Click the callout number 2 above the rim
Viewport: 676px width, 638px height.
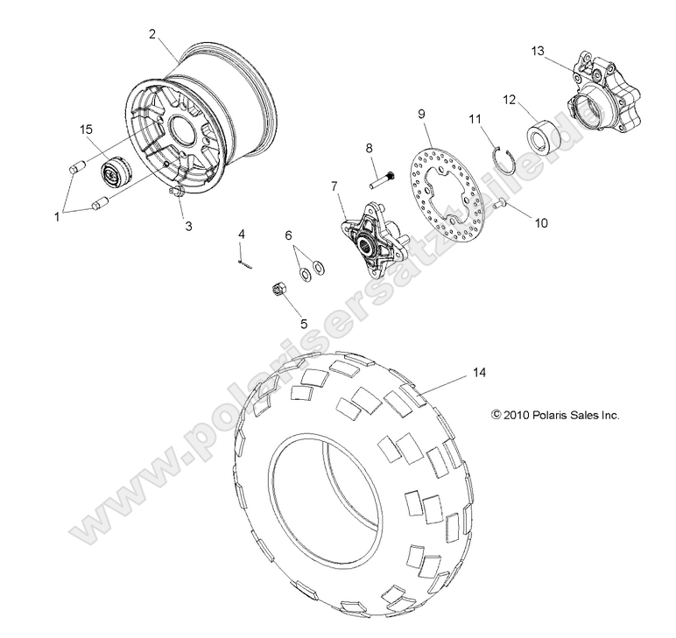(152, 34)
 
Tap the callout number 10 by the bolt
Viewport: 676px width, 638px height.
(540, 223)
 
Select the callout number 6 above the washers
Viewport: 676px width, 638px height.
(288, 235)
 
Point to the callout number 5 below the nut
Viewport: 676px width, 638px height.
(304, 322)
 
